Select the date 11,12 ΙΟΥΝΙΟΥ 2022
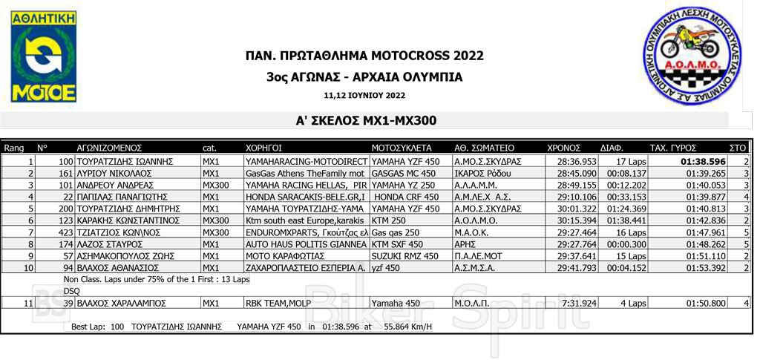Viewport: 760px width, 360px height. coord(364,95)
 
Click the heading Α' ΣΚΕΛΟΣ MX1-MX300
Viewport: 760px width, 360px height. coord(365,120)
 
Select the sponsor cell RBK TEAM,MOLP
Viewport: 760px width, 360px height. coord(277,303)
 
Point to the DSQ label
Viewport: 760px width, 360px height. coord(71,290)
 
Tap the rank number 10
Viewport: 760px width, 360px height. coord(28,267)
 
